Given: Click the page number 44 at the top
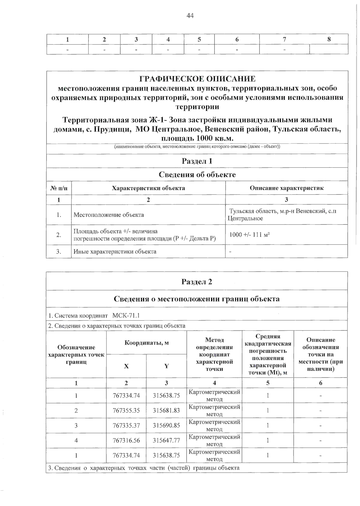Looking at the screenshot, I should point(190,16).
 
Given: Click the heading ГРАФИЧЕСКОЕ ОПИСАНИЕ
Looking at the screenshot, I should point(197,79).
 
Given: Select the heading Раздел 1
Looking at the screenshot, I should point(197,161).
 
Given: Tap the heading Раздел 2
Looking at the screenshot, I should point(197,282).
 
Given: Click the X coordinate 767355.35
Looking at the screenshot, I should point(126,410).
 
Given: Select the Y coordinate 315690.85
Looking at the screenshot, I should point(166,425).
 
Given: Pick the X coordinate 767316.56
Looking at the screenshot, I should point(126,440).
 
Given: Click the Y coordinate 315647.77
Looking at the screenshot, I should point(166,440).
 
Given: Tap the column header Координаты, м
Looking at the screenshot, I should point(147,343).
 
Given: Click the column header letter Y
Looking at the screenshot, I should point(166,366).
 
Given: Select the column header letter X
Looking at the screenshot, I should point(126,366).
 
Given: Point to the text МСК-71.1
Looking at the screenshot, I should point(126,315).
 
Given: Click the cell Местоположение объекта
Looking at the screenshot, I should point(109,215).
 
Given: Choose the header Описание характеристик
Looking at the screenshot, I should point(286,188).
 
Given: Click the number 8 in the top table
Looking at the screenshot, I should point(329,39).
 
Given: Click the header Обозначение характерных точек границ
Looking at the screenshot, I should point(76,354).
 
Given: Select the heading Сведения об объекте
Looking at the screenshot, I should point(197,175).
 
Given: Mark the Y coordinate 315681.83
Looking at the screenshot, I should point(166,410).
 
